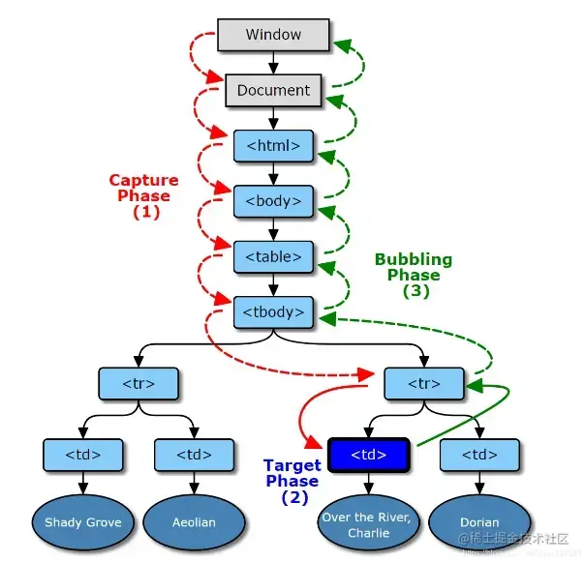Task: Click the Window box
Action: point(273,35)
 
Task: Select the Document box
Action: point(273,91)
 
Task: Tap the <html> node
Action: point(273,146)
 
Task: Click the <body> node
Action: point(273,201)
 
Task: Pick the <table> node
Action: point(273,256)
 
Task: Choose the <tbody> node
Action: point(273,311)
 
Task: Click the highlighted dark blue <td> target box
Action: point(369,454)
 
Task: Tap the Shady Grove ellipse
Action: point(83,522)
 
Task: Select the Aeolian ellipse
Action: point(193,522)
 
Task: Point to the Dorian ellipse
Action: point(479,522)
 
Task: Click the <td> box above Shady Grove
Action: point(83,454)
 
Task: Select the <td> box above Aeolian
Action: point(194,454)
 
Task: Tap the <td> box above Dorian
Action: point(479,454)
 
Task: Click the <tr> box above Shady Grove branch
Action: point(139,383)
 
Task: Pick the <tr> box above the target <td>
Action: point(424,383)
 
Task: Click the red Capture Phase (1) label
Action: point(143,196)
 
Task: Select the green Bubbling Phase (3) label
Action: point(414,275)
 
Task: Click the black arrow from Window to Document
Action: point(273,63)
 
